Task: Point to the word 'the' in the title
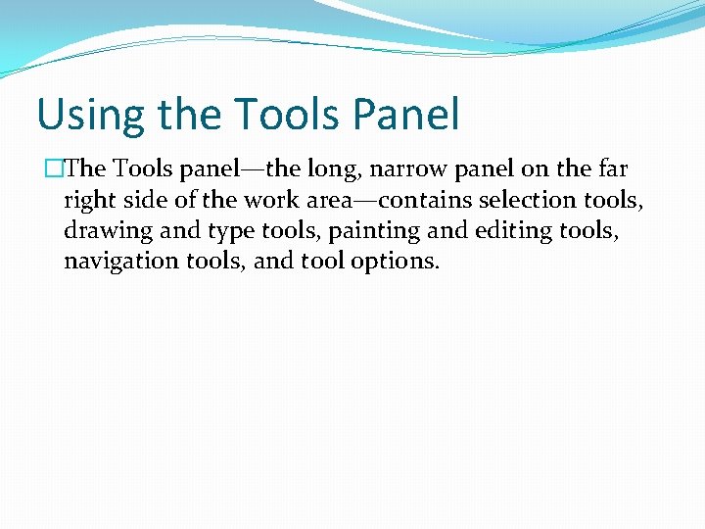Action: click(182, 115)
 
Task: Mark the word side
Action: click(146, 200)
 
